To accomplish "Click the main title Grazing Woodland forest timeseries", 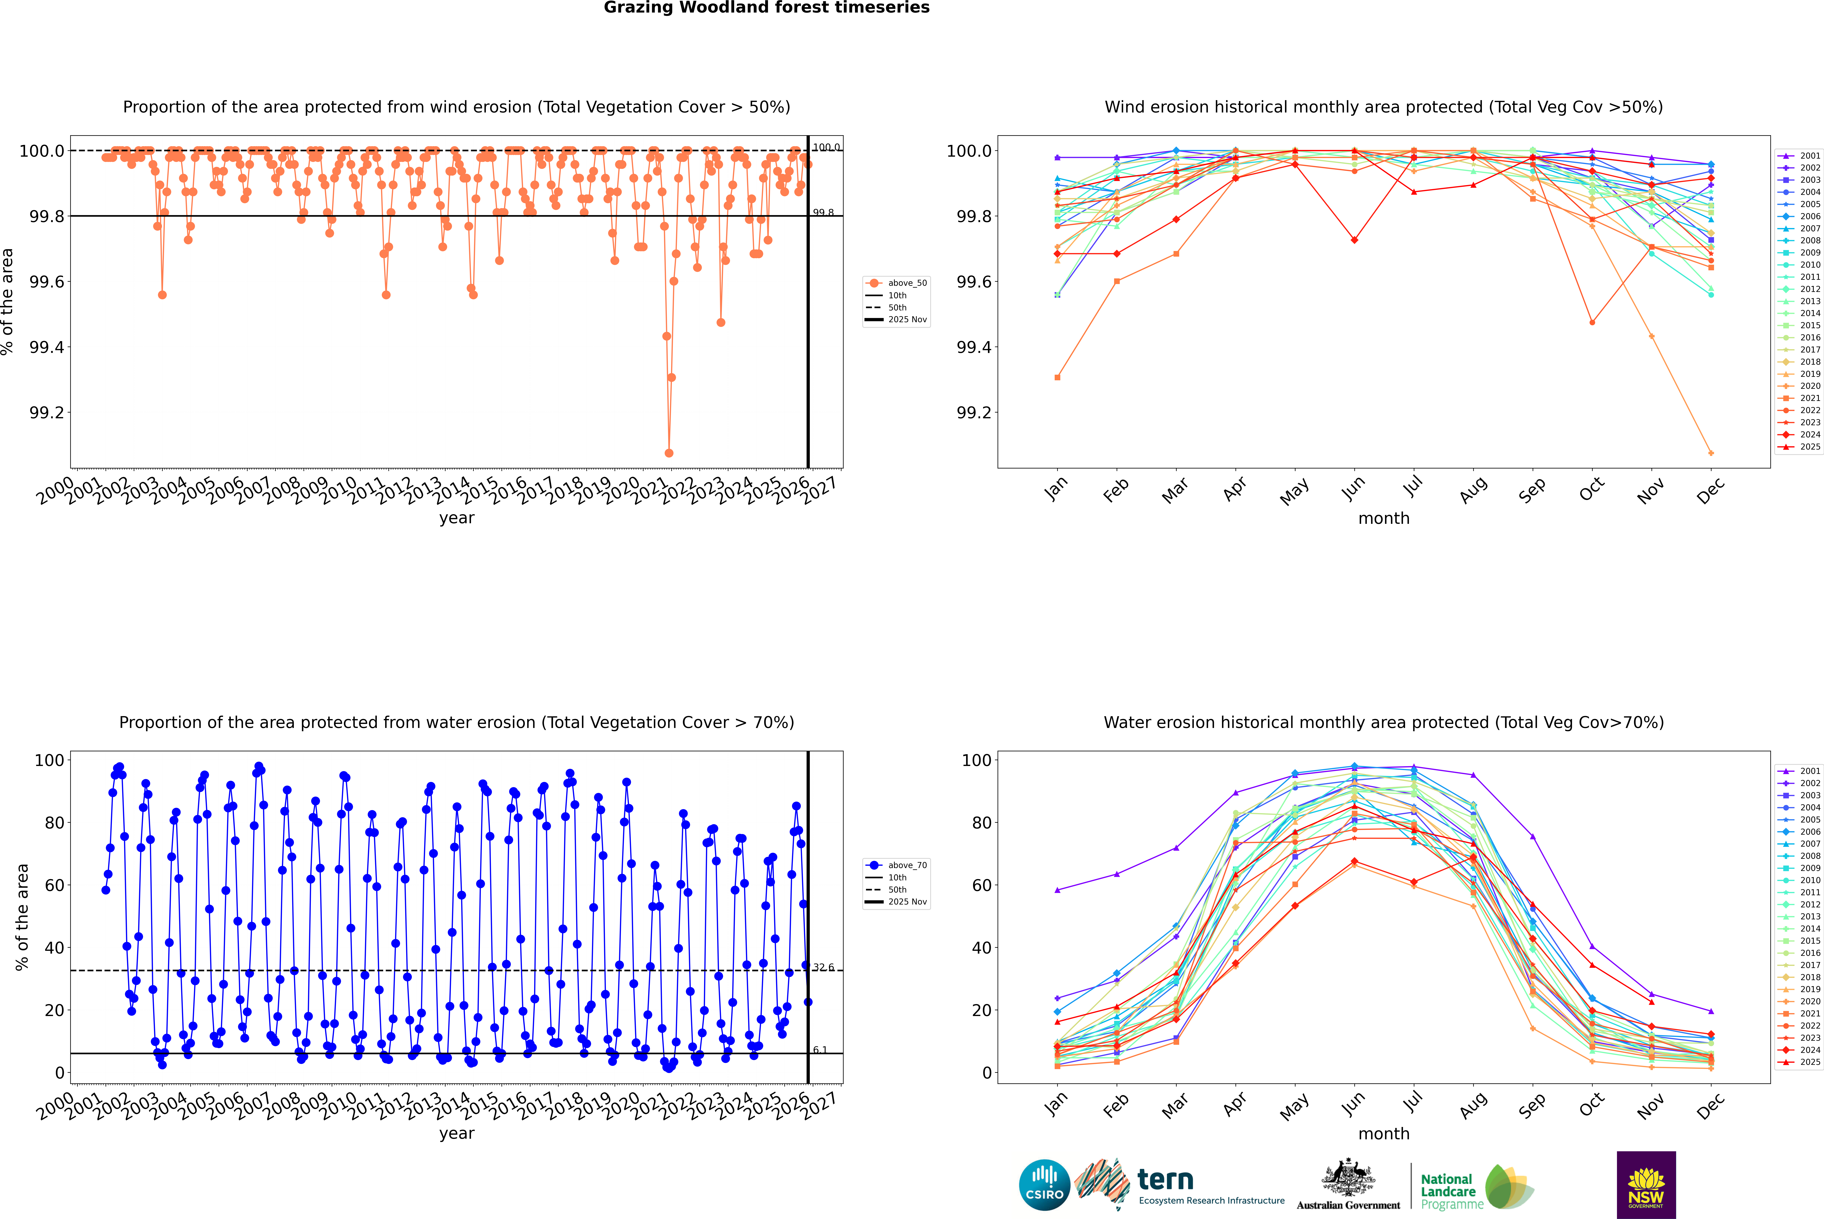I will pos(766,8).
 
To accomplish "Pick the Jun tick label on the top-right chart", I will pos(1354,488).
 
